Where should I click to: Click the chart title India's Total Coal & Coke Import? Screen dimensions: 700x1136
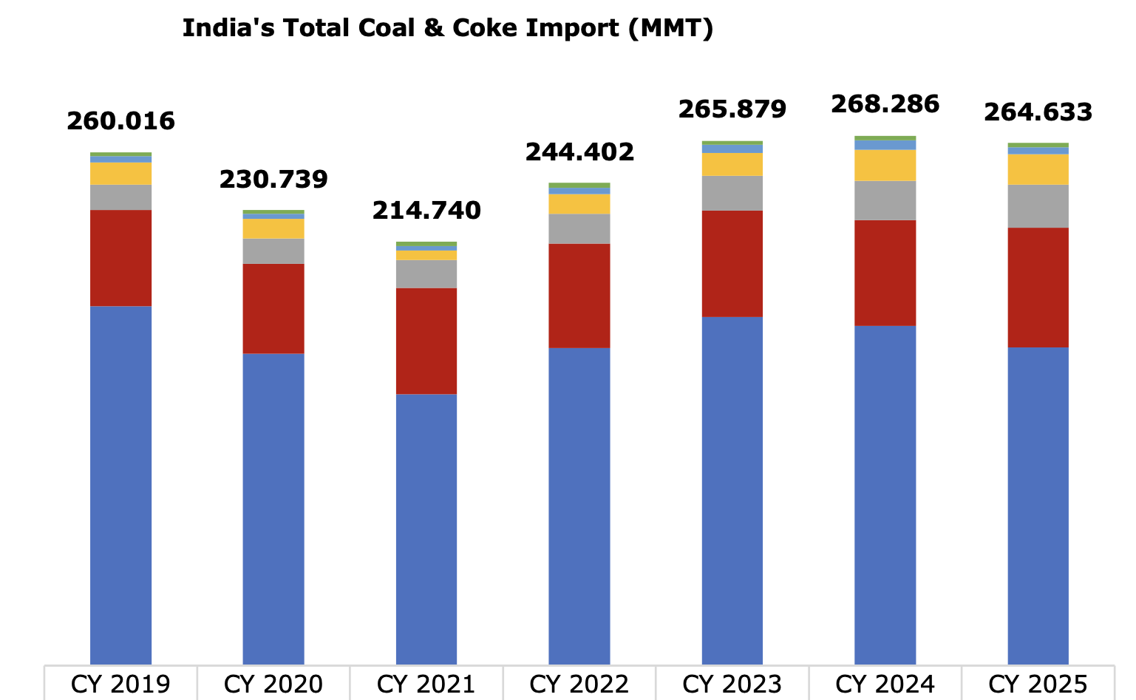pos(447,28)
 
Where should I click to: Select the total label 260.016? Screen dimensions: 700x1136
pos(120,120)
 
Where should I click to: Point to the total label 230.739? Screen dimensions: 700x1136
pos(273,179)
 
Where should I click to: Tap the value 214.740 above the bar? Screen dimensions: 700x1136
pos(426,211)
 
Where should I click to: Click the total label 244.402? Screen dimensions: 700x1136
pos(579,152)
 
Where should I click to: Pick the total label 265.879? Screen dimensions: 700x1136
pos(732,109)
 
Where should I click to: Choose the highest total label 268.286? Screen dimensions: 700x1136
pos(885,104)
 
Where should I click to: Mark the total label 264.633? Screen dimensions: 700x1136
pos(1038,112)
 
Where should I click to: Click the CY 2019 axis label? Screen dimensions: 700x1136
pos(120,684)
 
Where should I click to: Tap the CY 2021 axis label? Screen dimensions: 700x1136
pos(426,684)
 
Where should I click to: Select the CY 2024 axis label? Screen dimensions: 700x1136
pos(885,684)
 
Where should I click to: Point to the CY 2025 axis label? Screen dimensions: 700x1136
pos(1038,684)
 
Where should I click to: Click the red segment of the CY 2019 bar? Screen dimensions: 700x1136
pos(120,257)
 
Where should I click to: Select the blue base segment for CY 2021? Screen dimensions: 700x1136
pos(426,529)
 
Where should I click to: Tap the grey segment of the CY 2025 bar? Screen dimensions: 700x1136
pos(1038,205)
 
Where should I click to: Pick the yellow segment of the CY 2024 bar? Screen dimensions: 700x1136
pos(885,165)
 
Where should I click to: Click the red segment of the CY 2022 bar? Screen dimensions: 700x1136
pos(579,296)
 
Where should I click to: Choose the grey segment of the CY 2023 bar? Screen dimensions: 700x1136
pos(732,193)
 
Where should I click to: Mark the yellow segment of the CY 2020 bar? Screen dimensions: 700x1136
pos(273,228)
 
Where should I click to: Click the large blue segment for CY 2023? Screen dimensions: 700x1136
pos(732,490)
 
